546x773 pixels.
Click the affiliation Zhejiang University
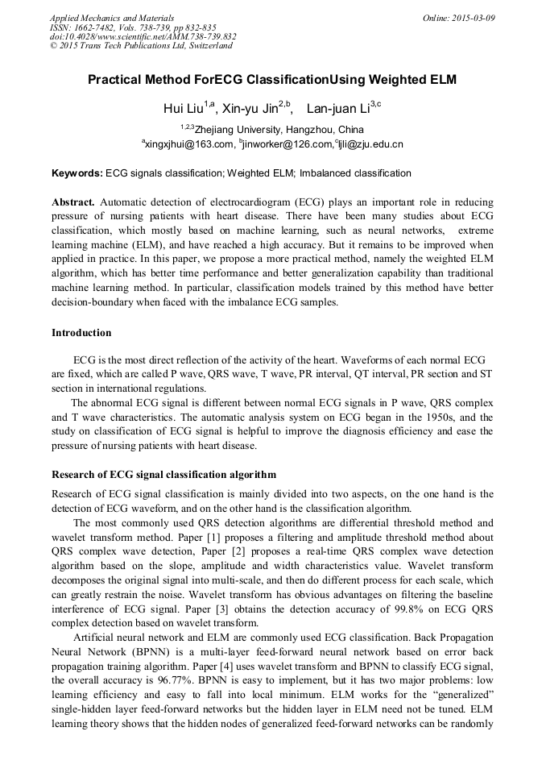[237, 130]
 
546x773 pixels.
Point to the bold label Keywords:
[77, 173]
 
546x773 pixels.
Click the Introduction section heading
[81, 333]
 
